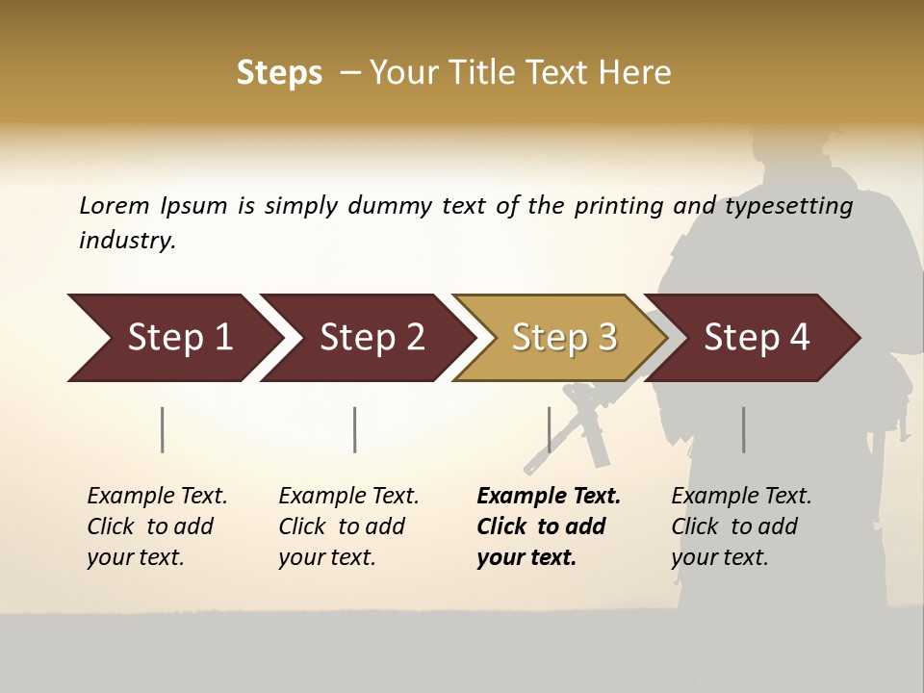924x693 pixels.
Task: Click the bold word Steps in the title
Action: coord(279,73)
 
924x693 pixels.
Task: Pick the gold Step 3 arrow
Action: coord(564,338)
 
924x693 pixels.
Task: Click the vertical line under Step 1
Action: coord(163,429)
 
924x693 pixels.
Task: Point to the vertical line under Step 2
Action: coord(355,429)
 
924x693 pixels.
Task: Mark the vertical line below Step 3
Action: coord(550,429)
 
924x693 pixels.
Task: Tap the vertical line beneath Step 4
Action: coord(744,429)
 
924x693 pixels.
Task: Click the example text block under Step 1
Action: coord(157,526)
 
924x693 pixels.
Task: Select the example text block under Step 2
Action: coord(348,526)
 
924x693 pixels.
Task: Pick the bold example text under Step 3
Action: coord(549,526)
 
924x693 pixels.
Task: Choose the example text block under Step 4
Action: coord(741,526)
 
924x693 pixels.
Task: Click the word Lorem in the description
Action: coord(115,206)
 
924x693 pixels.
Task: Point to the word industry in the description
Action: coord(127,241)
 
